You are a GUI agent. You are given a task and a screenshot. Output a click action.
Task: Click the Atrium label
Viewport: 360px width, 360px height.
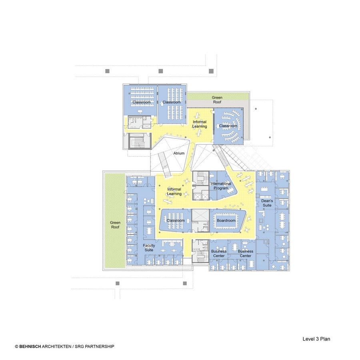[179, 153]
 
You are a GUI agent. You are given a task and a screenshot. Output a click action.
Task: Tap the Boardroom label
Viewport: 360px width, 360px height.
[226, 220]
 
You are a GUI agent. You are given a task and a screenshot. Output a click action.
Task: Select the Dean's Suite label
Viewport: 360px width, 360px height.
[267, 203]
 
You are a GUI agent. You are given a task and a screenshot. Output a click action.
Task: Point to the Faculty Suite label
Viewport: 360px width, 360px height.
[149, 248]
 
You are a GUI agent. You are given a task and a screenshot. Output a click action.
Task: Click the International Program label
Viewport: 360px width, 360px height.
[221, 186]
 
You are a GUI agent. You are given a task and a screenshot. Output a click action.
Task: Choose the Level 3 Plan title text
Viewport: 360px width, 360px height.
[316, 339]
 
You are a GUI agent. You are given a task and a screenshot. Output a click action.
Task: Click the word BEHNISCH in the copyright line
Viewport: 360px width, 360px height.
[30, 346]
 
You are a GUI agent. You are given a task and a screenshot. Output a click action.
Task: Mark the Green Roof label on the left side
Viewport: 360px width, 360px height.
[115, 225]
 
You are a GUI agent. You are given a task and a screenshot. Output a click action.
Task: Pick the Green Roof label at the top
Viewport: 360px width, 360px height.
[217, 100]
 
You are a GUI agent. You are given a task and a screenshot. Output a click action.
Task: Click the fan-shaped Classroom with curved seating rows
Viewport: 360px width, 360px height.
[228, 126]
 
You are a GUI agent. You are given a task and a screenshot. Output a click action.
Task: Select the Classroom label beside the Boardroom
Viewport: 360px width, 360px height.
[176, 220]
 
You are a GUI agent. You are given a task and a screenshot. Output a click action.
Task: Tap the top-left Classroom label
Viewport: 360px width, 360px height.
[142, 102]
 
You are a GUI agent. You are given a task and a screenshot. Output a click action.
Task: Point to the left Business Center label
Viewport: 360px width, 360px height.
[219, 254]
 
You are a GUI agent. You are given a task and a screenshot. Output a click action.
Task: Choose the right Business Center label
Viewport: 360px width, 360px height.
[246, 254]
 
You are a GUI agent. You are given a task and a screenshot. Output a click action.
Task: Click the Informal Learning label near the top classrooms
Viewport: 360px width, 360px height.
[200, 124]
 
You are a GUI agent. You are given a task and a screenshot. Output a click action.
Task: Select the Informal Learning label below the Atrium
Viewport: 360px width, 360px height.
[174, 192]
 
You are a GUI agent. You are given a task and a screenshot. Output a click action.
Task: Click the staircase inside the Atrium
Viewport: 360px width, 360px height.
[165, 164]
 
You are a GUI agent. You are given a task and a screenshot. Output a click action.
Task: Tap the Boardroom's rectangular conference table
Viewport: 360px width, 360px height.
[226, 221]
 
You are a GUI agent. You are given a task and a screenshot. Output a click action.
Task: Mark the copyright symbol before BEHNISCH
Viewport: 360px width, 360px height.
[16, 346]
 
